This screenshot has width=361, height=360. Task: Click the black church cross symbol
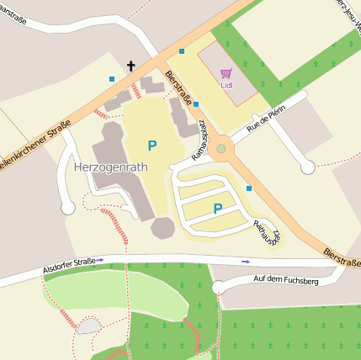[131, 66]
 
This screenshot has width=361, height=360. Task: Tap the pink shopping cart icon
[226, 74]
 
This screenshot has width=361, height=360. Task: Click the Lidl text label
[226, 85]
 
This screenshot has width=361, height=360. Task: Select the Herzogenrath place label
[110, 167]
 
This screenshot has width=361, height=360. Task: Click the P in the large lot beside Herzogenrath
[151, 146]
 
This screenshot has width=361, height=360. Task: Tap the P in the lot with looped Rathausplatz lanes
[218, 209]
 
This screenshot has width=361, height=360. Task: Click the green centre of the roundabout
[221, 149]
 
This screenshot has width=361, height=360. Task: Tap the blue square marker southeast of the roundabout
[249, 188]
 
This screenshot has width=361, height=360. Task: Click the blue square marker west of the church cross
[112, 79]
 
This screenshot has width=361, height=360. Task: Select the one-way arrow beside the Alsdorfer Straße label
[101, 261]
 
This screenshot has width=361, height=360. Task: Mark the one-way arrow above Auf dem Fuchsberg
[246, 262]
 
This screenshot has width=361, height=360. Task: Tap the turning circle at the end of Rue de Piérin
[308, 167]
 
